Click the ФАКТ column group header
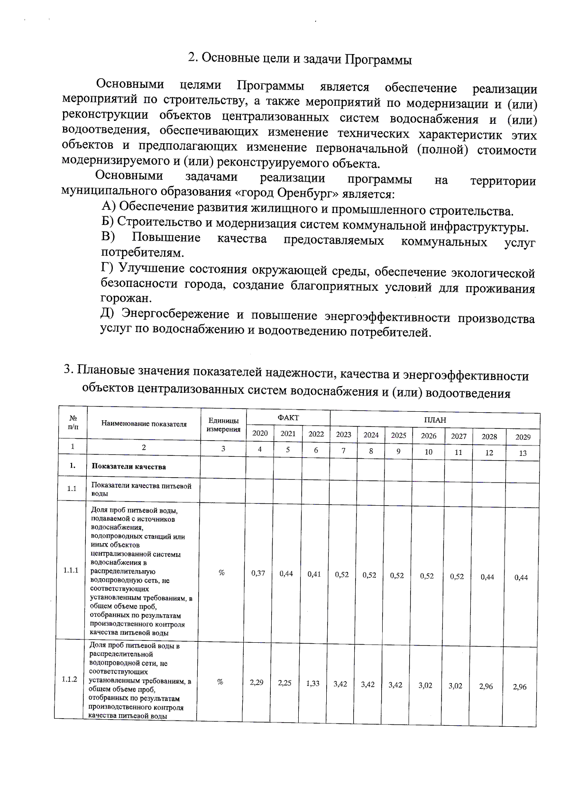point(288,417)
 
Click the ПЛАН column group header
point(434,420)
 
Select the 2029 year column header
point(523,437)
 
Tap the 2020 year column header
point(260,433)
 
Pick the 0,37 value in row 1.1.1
point(258,573)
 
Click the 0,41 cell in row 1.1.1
point(314,574)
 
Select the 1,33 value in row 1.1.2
point(312,684)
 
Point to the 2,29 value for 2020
point(257,682)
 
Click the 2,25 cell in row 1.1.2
point(284,683)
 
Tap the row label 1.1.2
point(70,679)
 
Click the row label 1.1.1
point(71,570)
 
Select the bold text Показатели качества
point(128,466)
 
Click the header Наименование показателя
point(144,424)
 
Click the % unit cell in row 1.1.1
point(221,573)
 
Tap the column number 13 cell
point(523,453)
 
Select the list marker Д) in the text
point(109,313)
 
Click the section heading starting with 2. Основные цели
point(300,59)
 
